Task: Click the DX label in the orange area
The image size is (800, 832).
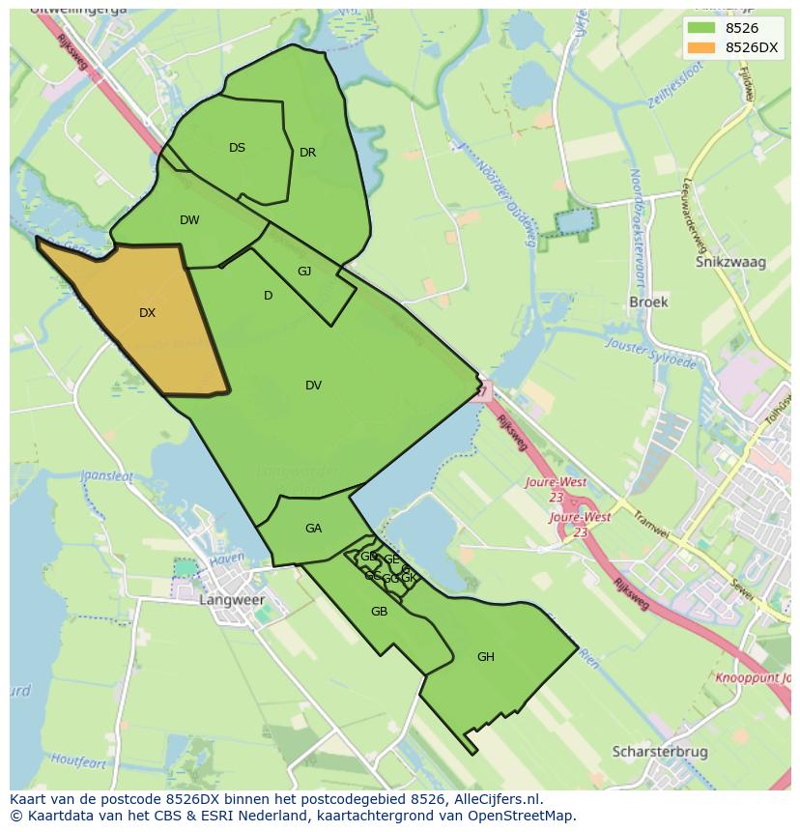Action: pos(147,313)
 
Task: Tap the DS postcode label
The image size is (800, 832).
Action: pos(237,148)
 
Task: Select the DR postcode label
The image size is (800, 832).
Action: pos(307,153)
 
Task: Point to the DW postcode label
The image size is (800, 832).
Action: pos(189,220)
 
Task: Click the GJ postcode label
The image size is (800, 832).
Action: pos(304,272)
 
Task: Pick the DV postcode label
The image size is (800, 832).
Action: pos(313,386)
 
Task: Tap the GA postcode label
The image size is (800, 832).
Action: pos(313,529)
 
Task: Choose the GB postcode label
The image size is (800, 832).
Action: pos(379,612)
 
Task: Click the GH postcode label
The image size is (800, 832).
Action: pos(485,657)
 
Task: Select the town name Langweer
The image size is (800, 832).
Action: pos(232,600)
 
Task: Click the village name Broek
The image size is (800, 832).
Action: pos(648,301)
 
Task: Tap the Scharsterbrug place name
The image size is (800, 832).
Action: pos(660,751)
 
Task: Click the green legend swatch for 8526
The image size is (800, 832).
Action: pos(701,28)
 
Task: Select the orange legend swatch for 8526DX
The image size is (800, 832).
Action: pos(701,47)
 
